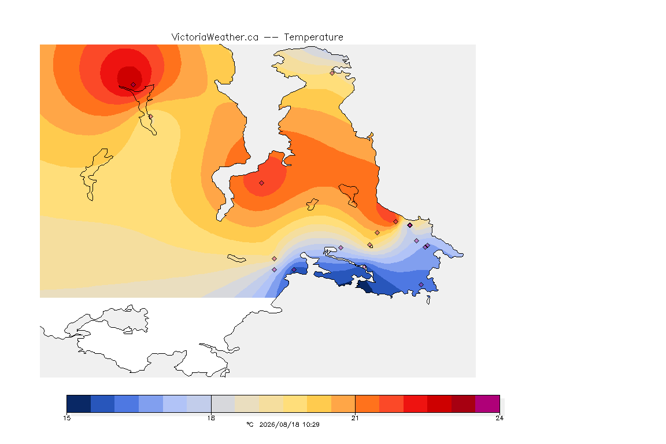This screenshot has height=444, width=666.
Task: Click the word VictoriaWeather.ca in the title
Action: (x=215, y=38)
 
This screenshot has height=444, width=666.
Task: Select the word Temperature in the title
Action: (x=313, y=38)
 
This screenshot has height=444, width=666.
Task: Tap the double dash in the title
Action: (x=271, y=38)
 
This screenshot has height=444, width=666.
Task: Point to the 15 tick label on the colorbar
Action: (x=66, y=418)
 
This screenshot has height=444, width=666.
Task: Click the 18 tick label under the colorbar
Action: (x=211, y=418)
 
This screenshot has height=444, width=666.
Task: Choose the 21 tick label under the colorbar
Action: (x=355, y=418)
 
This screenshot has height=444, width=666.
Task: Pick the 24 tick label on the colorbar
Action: (x=499, y=418)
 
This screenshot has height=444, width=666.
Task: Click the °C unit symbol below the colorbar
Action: (x=250, y=424)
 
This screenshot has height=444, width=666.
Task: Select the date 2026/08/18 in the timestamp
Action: (x=278, y=424)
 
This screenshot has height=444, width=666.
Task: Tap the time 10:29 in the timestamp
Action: (x=310, y=424)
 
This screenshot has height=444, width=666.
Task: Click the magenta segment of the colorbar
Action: (x=487, y=404)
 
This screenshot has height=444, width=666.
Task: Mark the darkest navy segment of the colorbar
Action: (x=79, y=404)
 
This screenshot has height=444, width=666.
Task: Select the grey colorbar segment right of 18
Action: (x=223, y=404)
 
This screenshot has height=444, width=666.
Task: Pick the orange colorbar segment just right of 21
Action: (x=367, y=404)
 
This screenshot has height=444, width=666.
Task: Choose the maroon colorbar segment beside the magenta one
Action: (x=464, y=404)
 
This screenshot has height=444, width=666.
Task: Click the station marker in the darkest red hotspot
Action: (x=134, y=85)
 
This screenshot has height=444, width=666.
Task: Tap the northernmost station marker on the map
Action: (x=332, y=73)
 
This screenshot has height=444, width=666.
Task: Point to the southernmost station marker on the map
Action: (x=421, y=284)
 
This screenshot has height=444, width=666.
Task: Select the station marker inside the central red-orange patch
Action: (x=262, y=183)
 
